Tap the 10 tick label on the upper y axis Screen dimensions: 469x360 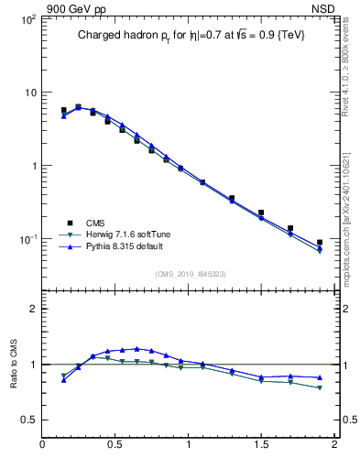click(x=27, y=93)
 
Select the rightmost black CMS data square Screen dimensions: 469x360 click(x=320, y=243)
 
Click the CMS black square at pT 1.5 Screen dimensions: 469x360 click(x=261, y=213)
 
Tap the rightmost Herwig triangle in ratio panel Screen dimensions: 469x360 click(x=320, y=387)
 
